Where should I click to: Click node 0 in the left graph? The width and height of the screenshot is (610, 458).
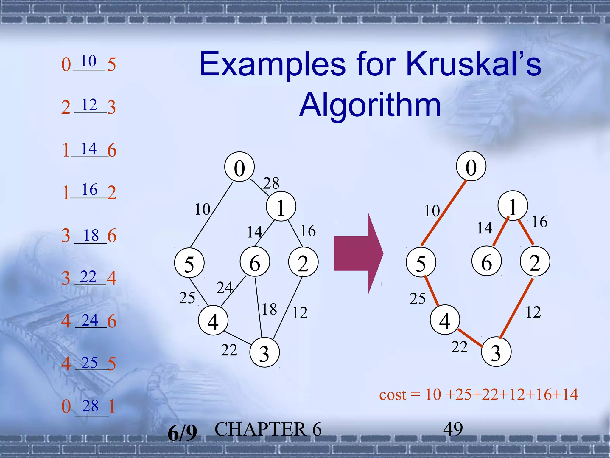(x=239, y=167)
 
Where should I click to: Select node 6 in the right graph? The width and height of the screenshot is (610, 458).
(x=486, y=261)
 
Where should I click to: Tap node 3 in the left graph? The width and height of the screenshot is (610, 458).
(x=264, y=352)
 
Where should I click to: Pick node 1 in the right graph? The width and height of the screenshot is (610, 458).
(x=513, y=206)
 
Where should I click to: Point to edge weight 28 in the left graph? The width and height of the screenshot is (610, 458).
(x=271, y=183)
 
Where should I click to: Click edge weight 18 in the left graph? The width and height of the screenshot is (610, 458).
(x=269, y=309)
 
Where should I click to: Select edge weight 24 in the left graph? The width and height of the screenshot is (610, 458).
(x=225, y=288)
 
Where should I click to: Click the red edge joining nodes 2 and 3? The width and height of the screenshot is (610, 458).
(x=516, y=309)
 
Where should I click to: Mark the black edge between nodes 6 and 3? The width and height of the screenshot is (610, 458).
(x=258, y=307)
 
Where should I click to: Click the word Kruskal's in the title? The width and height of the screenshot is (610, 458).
(x=474, y=64)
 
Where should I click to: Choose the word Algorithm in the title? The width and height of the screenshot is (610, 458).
(x=370, y=105)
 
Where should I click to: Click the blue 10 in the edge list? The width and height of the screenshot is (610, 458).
(x=88, y=61)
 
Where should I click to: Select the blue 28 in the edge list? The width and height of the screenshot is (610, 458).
(x=90, y=406)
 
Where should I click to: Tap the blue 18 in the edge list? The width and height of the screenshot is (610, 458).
(x=91, y=236)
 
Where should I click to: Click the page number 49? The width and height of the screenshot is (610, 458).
(x=453, y=429)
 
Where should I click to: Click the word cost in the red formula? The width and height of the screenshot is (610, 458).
(x=393, y=395)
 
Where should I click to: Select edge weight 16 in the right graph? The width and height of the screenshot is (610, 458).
(x=539, y=222)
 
